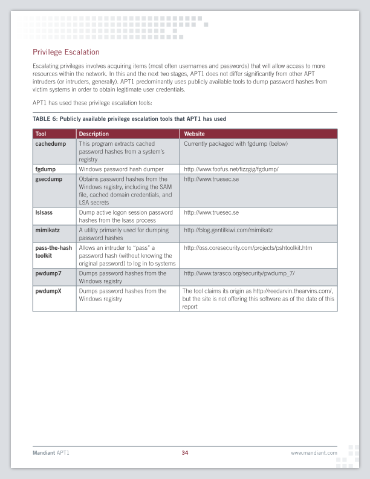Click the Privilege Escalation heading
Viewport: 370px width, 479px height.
[66, 53]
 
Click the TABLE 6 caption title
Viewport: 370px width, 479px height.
[129, 119]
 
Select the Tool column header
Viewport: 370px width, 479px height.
[41, 134]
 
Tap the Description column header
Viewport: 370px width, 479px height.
[94, 134]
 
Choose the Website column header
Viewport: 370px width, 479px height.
[194, 134]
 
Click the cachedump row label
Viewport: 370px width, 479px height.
[51, 144]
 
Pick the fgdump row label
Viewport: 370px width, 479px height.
[45, 169]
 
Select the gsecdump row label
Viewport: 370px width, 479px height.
[49, 179]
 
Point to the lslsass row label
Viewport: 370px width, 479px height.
[45, 213]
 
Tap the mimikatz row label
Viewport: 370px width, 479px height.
[48, 230]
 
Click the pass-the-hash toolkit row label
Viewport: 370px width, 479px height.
[53, 252]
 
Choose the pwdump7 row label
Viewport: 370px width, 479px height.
[49, 273]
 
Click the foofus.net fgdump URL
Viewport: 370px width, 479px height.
[239, 169]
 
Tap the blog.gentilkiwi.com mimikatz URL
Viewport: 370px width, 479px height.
[229, 230]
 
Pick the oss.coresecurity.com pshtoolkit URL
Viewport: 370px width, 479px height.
[248, 248]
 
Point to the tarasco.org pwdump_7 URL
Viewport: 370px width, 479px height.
[239, 273]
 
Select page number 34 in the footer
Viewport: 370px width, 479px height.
[185, 452]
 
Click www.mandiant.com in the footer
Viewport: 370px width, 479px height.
[313, 452]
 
